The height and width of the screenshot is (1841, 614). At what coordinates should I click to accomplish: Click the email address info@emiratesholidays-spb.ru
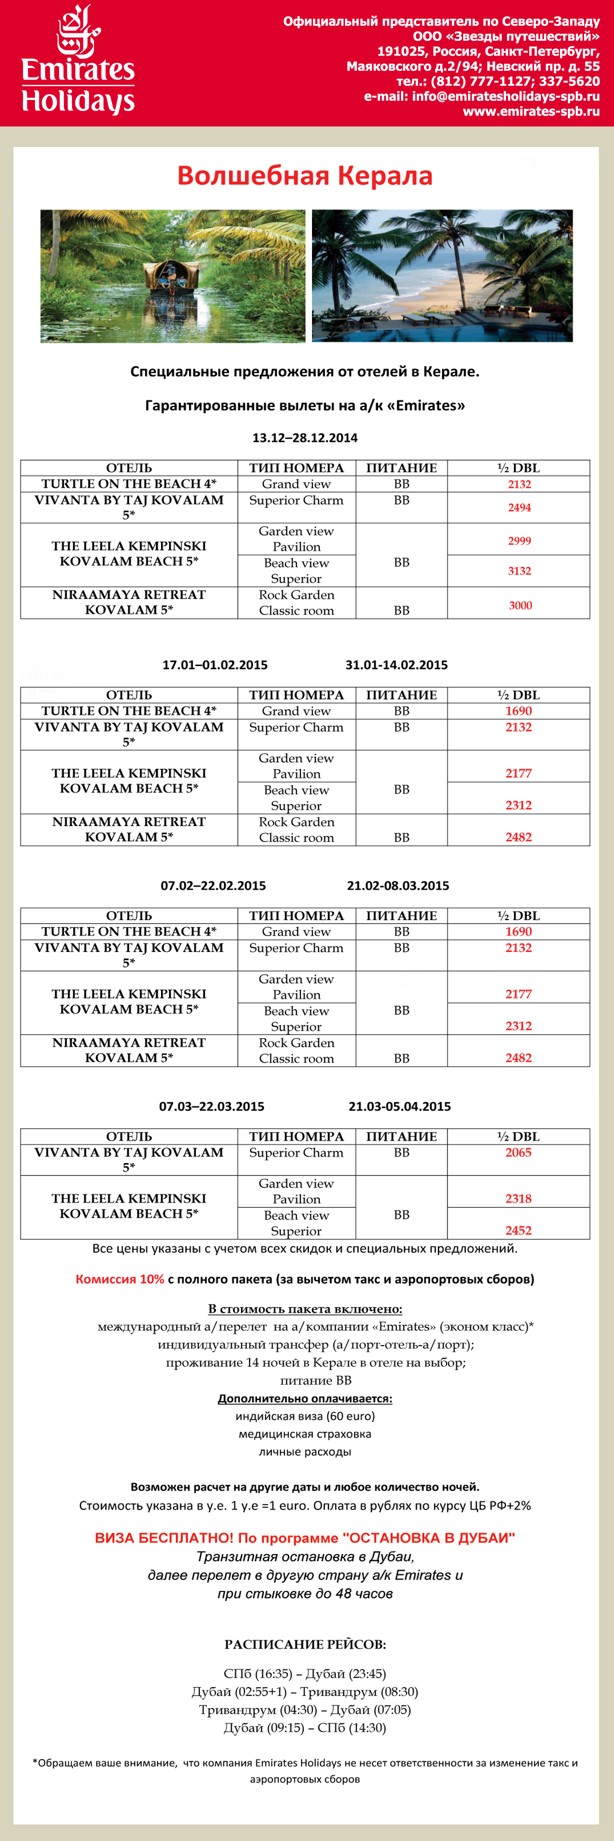[x=505, y=96]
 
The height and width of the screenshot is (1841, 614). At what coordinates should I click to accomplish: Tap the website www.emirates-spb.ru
[x=530, y=111]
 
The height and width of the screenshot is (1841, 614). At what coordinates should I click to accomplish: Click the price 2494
[x=519, y=507]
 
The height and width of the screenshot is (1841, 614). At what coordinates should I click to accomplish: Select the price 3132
[x=519, y=571]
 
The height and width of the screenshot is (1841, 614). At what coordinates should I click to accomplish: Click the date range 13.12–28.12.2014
[x=305, y=438]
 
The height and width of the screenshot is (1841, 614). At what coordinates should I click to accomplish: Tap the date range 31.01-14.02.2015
[x=396, y=664]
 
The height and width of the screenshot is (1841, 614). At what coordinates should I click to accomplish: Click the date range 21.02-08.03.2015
[x=398, y=885]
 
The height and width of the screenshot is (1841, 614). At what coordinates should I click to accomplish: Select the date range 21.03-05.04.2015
[x=399, y=1106]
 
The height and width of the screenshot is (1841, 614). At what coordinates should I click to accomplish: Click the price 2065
[x=518, y=1152]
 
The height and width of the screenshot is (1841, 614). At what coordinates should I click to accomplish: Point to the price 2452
[x=518, y=1230]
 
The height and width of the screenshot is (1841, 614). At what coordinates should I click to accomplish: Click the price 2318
[x=518, y=1198]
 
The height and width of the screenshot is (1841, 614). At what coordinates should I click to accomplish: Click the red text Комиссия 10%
[x=120, y=1279]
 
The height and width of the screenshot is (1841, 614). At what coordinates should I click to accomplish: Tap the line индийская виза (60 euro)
[x=305, y=1416]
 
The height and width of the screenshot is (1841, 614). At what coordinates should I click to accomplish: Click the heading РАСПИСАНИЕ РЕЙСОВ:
[x=305, y=1644]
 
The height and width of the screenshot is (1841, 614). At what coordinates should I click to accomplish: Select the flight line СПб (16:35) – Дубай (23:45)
[x=305, y=1674]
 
